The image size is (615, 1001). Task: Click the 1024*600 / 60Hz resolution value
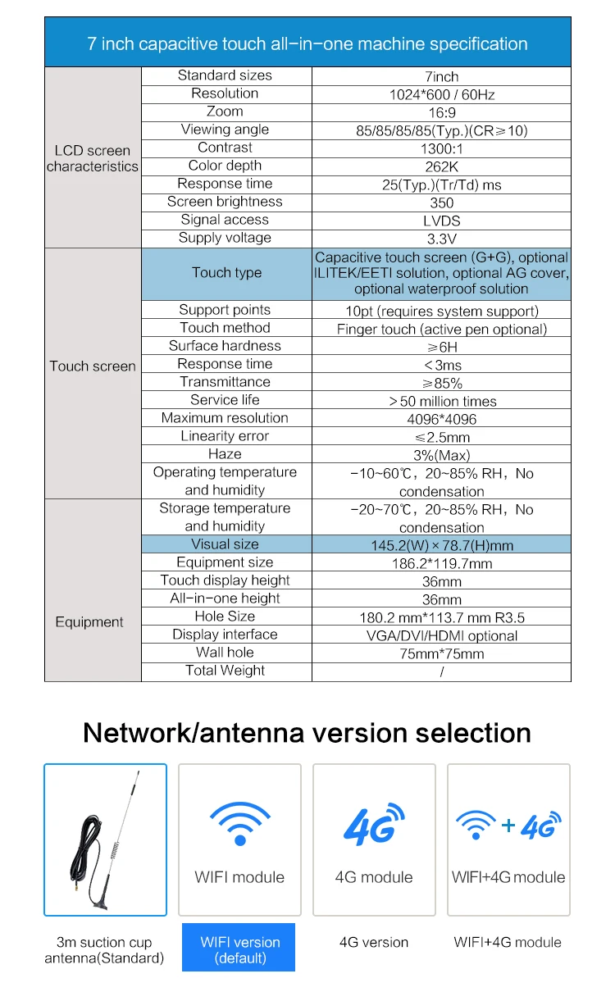tap(441, 94)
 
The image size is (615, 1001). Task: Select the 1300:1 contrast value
tap(441, 148)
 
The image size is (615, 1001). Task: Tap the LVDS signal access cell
tap(441, 221)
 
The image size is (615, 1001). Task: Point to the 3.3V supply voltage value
tap(441, 239)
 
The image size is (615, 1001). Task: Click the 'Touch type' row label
tap(226, 273)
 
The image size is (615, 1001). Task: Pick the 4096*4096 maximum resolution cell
tap(441, 419)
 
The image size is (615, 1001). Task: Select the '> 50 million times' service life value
tap(441, 401)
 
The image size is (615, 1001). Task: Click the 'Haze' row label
tap(225, 454)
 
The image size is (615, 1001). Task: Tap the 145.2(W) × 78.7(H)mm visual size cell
tap(441, 545)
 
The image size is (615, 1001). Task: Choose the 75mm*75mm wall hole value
tap(441, 653)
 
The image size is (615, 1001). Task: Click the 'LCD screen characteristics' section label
tap(93, 158)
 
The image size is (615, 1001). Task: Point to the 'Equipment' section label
tap(89, 622)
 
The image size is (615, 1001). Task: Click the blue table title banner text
tap(307, 43)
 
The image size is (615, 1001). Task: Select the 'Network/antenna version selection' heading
tap(307, 732)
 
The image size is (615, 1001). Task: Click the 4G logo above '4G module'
tap(373, 825)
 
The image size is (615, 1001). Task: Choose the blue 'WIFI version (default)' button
tap(239, 949)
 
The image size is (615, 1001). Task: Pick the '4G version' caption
tap(374, 942)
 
